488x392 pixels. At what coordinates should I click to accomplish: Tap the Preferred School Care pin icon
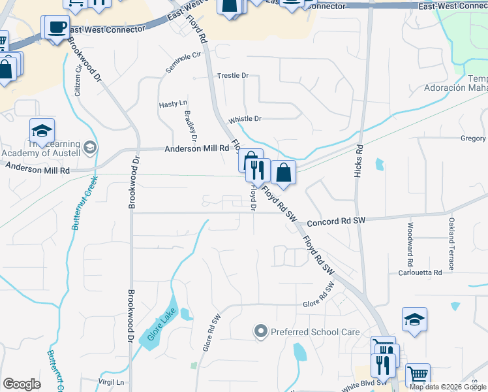coord(261,332)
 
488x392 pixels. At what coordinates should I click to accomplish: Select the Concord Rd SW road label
coord(335,221)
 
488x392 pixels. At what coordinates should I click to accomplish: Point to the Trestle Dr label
coord(233,76)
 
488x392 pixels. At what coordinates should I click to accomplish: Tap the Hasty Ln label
coord(173,105)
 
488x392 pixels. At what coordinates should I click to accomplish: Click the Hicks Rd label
coord(358,161)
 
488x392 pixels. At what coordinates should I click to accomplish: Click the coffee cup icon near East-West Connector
coord(56,27)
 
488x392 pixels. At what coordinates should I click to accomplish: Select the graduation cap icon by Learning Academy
coord(42,130)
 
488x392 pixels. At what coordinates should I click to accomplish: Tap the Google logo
coord(22,384)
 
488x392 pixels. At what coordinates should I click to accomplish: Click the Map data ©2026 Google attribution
coord(448,387)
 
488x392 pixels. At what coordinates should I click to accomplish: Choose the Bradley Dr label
coord(191,125)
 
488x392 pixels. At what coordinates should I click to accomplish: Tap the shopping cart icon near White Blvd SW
coord(418,375)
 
